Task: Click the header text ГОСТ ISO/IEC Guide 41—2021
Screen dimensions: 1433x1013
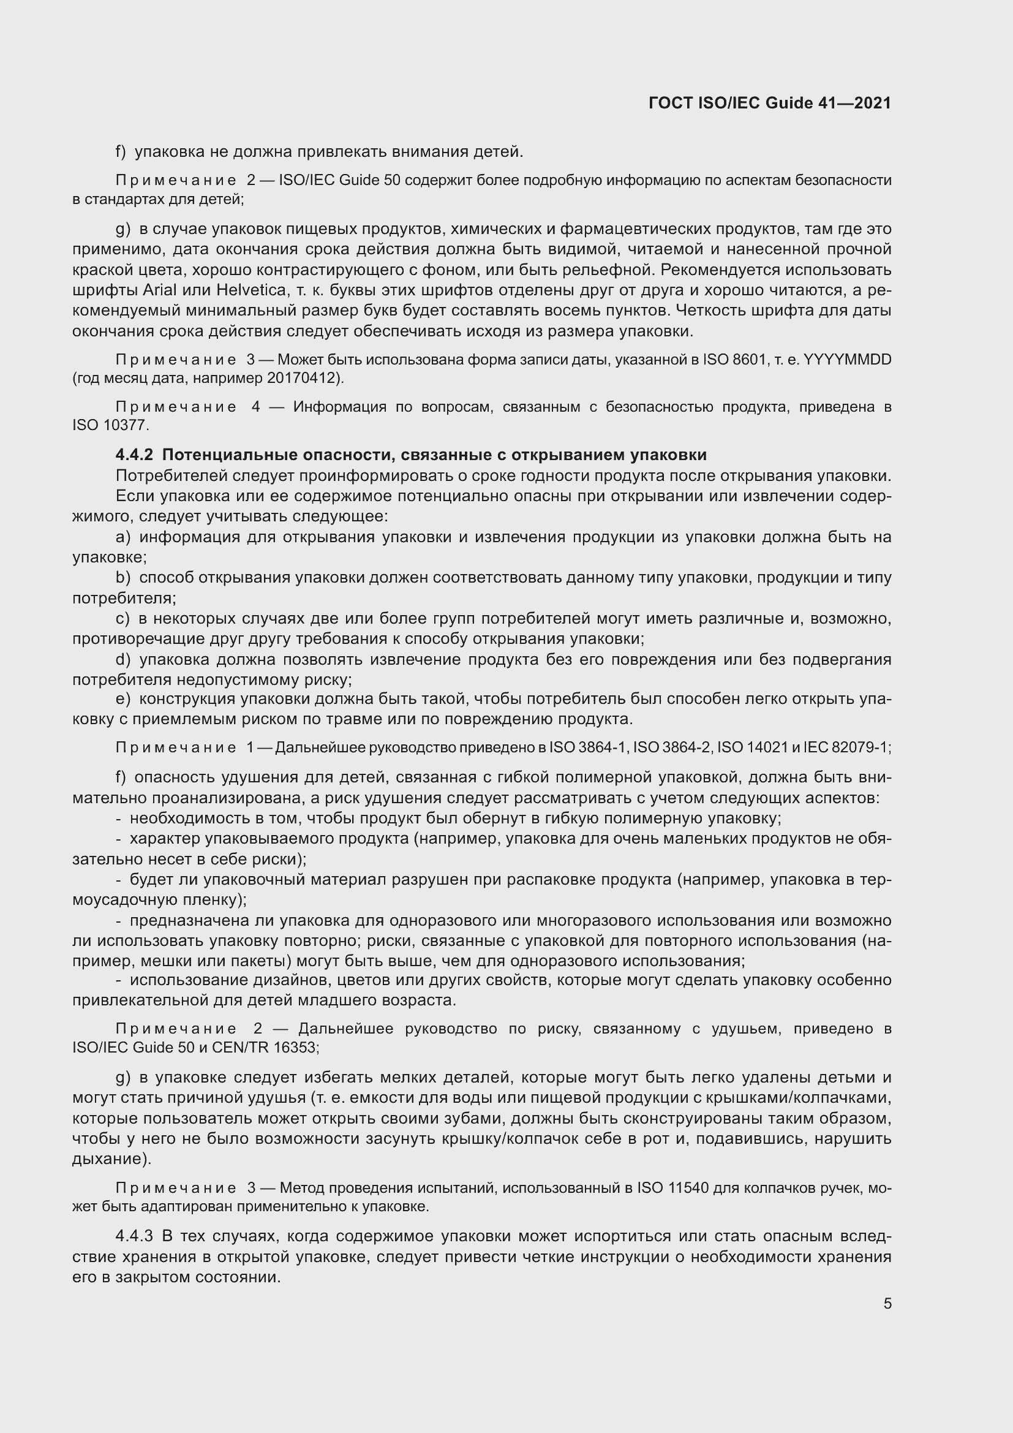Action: tap(769, 103)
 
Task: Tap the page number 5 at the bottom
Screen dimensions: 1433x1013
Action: tap(887, 1304)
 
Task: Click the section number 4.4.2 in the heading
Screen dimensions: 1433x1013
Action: tap(134, 455)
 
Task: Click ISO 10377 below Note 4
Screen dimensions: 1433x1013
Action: tap(110, 426)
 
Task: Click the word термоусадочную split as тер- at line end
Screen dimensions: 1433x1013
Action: tap(879, 880)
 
